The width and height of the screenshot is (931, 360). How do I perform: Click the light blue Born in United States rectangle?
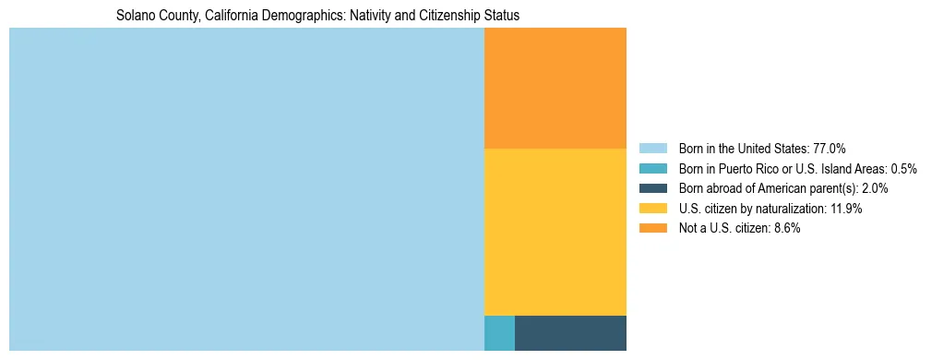(x=246, y=189)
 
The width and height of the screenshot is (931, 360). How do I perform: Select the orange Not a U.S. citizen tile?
(x=555, y=88)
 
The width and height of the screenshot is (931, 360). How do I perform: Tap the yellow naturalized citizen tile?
(x=555, y=232)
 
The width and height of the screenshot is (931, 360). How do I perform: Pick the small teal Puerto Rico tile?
(x=499, y=333)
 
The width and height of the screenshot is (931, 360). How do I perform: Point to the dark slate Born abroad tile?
(x=570, y=333)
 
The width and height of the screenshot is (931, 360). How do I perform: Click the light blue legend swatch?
(x=652, y=149)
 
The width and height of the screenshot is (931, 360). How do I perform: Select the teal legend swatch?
(x=652, y=169)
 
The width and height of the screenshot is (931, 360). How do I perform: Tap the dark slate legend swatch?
(x=652, y=188)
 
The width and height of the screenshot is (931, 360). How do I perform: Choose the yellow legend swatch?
(x=652, y=209)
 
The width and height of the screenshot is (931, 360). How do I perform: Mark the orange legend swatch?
(x=652, y=229)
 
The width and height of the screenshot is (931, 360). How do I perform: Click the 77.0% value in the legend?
(x=830, y=149)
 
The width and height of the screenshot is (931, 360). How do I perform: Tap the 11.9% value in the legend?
(x=845, y=209)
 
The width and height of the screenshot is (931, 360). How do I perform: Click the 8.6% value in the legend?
(x=784, y=229)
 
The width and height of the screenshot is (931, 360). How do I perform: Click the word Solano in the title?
(x=135, y=16)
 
